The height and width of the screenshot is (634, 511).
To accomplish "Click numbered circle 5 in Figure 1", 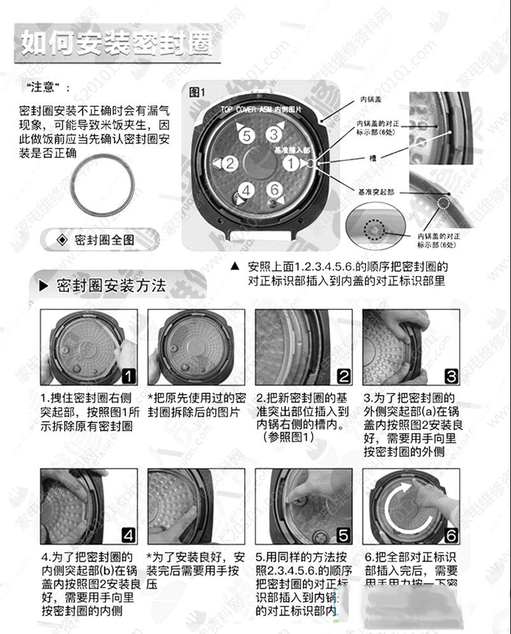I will pos(247,135).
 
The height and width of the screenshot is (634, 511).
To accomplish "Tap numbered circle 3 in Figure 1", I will pos(273,134).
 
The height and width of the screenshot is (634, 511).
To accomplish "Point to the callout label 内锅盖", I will pos(370,100).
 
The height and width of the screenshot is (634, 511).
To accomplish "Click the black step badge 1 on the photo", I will pos(128,375).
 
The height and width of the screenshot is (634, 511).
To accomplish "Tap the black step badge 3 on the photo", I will pos(450,375).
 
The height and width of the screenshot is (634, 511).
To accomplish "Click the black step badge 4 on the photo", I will pos(128,535).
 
